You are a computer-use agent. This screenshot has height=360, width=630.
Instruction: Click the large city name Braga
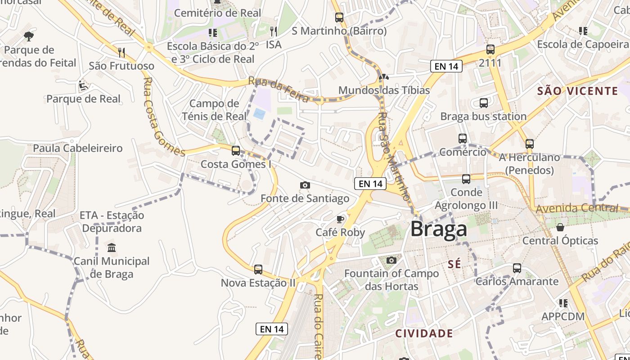(439, 229)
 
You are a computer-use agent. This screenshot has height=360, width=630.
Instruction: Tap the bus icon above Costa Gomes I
(236, 151)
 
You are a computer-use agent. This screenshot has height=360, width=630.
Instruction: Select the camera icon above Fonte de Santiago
(305, 185)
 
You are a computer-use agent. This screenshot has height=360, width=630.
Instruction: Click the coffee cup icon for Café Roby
(340, 219)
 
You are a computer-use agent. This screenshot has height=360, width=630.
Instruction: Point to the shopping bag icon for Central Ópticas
(560, 227)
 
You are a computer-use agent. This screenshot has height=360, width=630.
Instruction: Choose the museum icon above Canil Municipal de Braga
(112, 247)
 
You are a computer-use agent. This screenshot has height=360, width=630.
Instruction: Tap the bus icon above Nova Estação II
(258, 270)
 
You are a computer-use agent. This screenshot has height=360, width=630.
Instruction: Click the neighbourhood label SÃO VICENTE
(578, 91)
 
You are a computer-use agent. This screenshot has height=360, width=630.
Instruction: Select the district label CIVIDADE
(424, 333)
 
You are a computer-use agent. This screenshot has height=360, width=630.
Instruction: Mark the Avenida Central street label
(577, 208)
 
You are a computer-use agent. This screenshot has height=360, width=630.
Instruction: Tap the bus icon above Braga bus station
(484, 103)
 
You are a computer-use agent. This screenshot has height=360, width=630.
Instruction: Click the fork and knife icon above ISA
(273, 31)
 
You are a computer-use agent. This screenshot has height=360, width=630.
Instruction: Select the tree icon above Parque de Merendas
(29, 36)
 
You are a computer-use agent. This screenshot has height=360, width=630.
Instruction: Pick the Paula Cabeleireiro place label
(78, 148)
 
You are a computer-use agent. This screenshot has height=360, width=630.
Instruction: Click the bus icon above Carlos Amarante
(517, 268)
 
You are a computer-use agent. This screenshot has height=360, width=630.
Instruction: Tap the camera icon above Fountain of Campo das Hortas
(391, 260)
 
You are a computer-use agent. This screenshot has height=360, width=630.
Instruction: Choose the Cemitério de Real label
(217, 13)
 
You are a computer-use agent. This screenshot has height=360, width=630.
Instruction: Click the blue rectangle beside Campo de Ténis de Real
(259, 114)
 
